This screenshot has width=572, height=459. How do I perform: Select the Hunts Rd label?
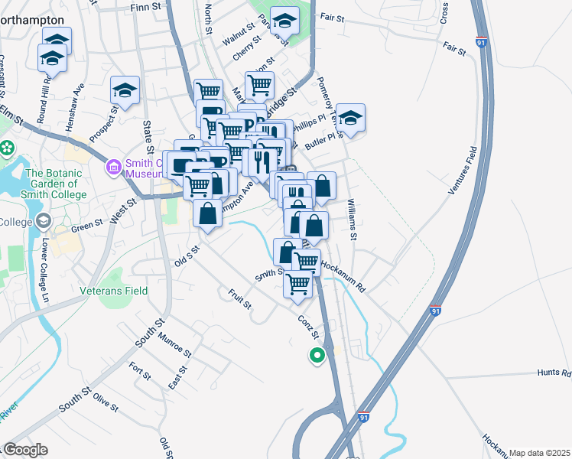pos(554,373)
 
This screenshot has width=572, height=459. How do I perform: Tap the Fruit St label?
pos(239,298)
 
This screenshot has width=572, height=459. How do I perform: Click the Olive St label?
pos(106,402)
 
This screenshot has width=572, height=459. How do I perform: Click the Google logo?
pos(24,450)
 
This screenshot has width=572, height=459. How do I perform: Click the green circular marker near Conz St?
pos(315,355)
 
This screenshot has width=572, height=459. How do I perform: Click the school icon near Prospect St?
pos(124,91)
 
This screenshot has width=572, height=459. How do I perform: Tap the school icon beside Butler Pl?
pos(351,119)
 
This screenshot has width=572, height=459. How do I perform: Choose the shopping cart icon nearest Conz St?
pos(297,284)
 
